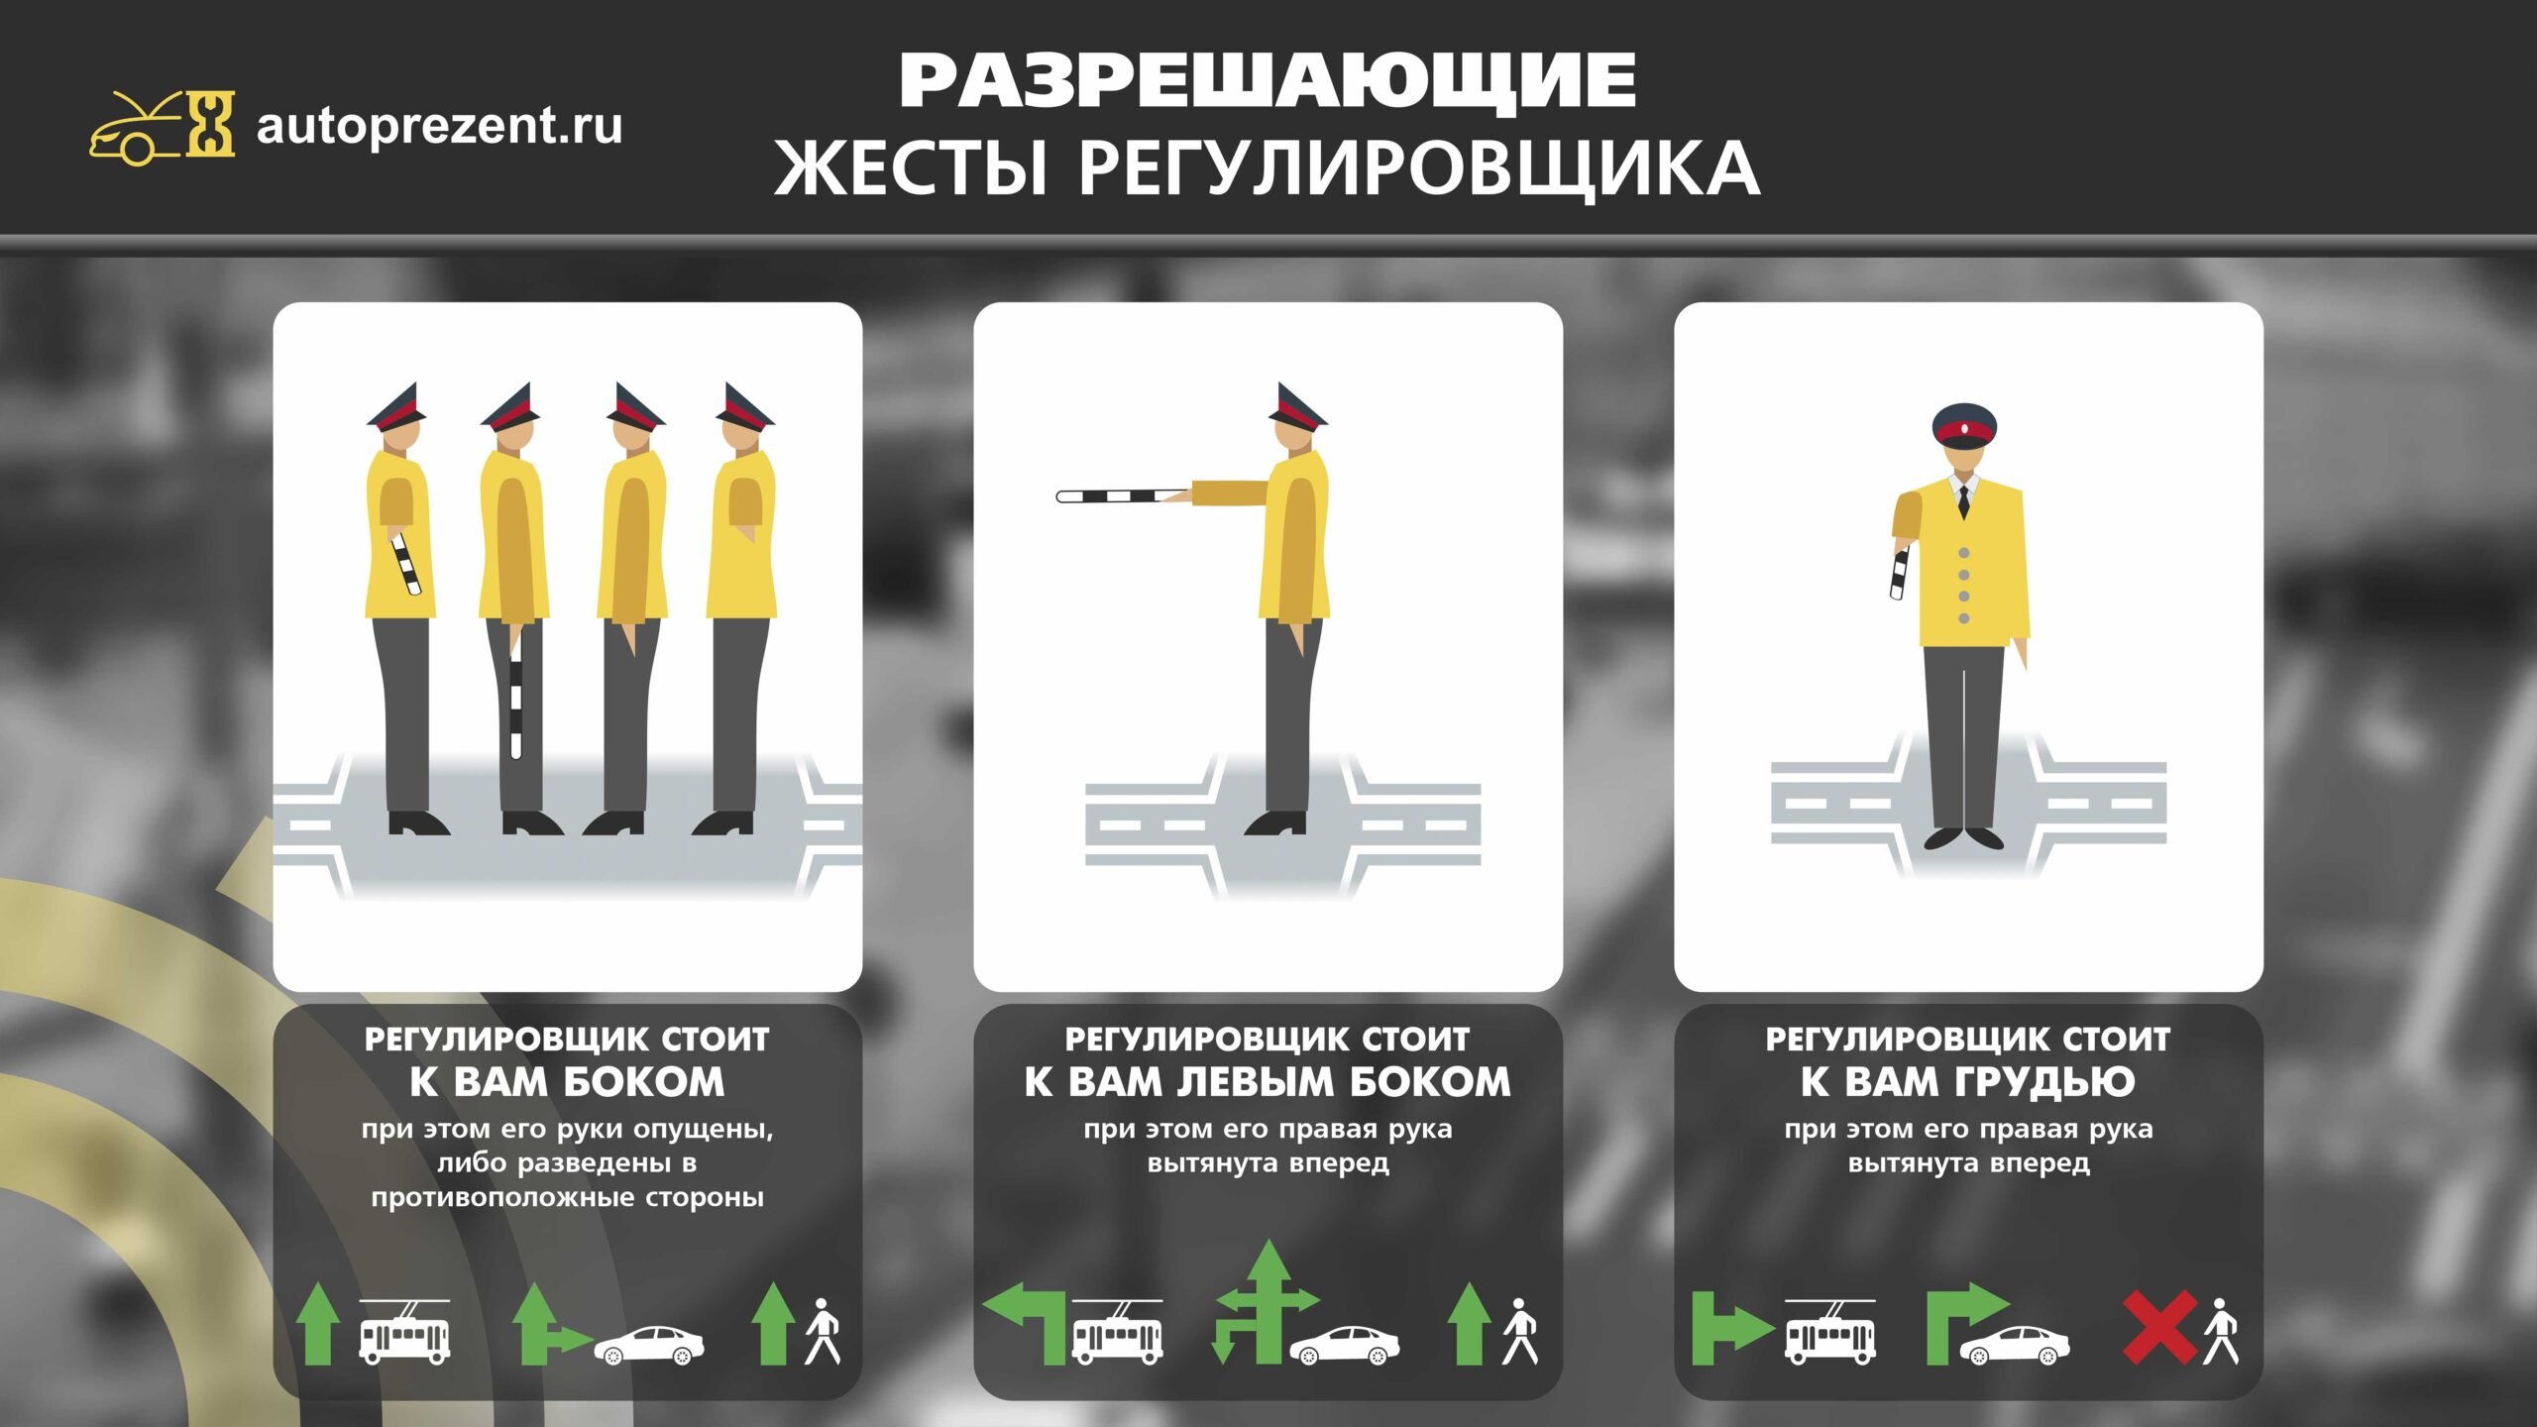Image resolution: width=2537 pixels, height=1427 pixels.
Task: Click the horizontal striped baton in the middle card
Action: pyautogui.click(x=1126, y=495)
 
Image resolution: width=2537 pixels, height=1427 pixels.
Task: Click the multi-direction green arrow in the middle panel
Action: pyautogui.click(x=1265, y=1302)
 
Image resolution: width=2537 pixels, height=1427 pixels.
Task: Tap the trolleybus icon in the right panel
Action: pyautogui.click(x=1830, y=1331)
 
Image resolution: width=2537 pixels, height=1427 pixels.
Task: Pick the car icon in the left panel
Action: pyautogui.click(x=649, y=1346)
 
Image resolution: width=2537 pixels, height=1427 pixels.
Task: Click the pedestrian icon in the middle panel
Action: pyautogui.click(x=1520, y=1331)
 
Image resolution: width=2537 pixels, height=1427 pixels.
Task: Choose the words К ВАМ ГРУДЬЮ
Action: pyautogui.click(x=1968, y=1082)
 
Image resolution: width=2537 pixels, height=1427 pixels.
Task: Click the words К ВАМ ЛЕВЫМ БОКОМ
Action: pyautogui.click(x=1268, y=1082)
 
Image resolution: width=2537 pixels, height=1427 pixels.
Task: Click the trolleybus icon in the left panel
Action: pyautogui.click(x=404, y=1331)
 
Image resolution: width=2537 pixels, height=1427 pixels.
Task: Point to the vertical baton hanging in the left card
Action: pyautogui.click(x=515, y=698)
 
